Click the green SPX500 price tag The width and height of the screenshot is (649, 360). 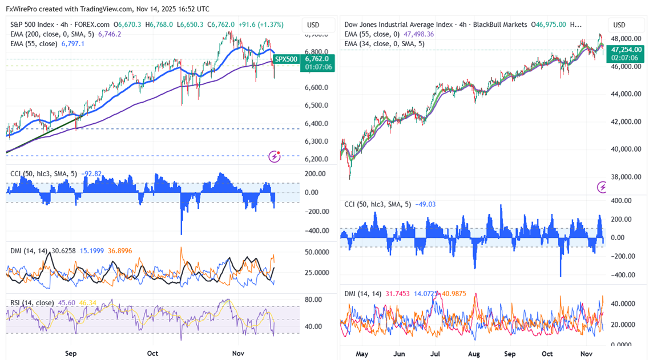[285, 59]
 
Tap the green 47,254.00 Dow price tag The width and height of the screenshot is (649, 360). [626, 50]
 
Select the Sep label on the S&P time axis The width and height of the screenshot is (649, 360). [71, 353]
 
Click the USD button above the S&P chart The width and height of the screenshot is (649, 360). [313, 25]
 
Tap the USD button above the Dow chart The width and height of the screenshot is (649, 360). [619, 25]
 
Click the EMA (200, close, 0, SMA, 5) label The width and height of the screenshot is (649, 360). [53, 34]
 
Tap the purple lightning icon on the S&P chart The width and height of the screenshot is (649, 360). [275, 156]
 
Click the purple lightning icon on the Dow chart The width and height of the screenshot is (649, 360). [602, 187]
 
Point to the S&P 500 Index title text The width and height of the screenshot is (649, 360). [35, 25]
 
